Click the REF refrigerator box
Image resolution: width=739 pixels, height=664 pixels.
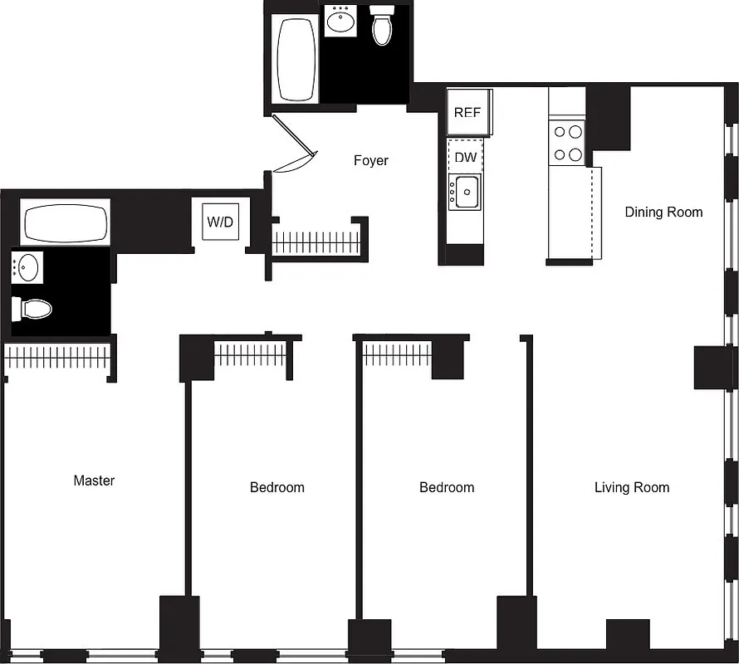469,112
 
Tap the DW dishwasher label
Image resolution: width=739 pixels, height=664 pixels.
466,157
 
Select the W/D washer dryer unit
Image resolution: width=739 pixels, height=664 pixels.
220,222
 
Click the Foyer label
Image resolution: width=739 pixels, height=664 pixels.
370,160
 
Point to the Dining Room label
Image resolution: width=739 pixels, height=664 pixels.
663,212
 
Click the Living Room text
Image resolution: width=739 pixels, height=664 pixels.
631,487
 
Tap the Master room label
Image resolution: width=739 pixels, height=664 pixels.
94,481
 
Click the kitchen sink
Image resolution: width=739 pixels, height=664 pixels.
465,192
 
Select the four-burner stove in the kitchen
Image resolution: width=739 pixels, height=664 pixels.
568,143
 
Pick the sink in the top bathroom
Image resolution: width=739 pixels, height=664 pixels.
340,22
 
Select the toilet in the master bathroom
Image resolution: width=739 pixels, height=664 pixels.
32,309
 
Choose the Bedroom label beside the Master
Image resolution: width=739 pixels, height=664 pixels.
277,487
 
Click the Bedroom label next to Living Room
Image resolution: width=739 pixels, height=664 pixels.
446,487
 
